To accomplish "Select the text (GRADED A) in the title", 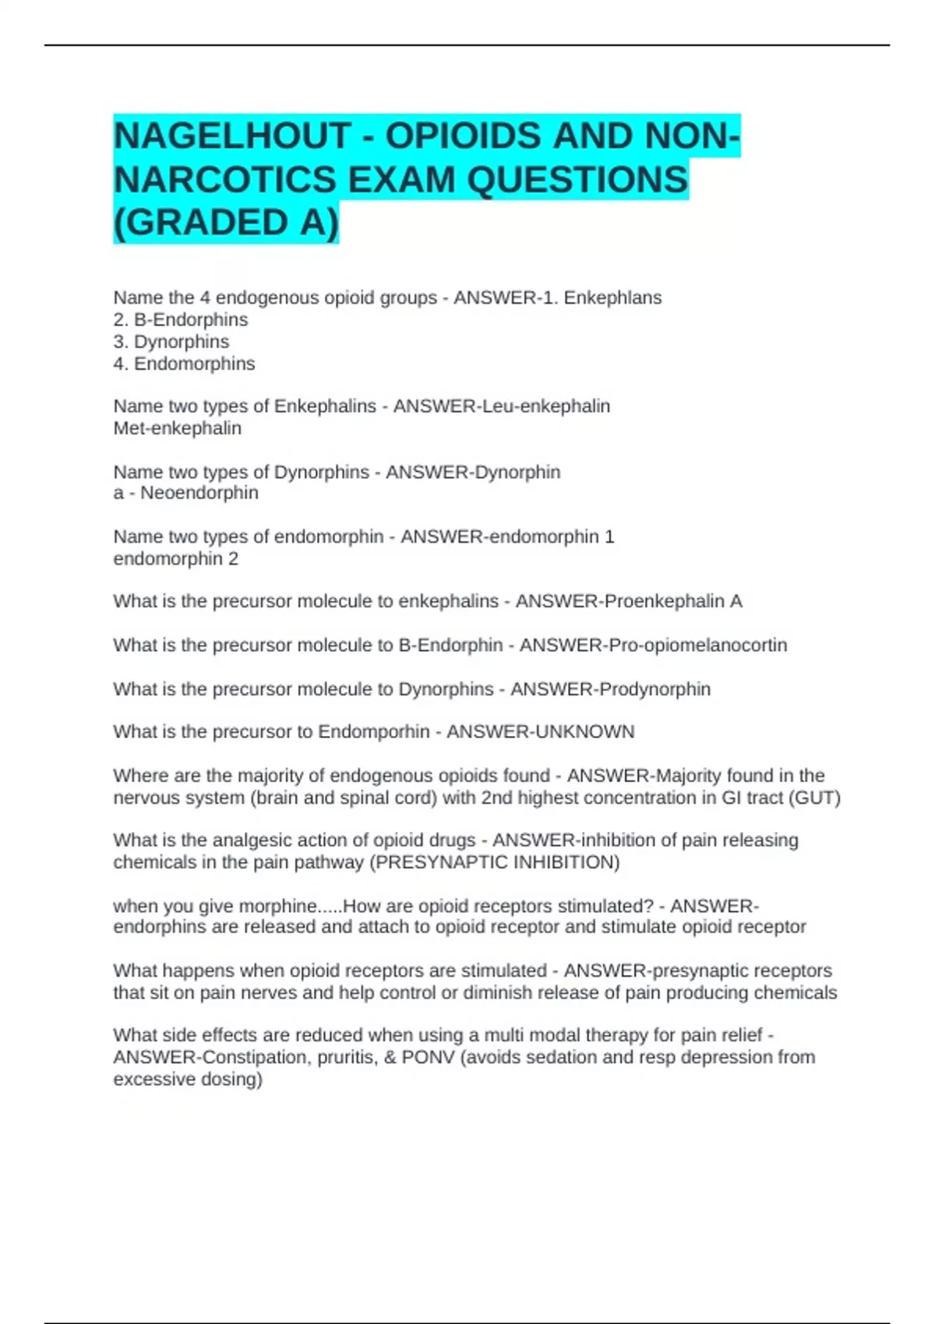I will pos(226,223).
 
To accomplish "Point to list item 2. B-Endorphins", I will pos(181,319).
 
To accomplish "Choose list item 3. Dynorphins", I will pos(171,341).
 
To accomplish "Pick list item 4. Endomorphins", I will pos(184,364).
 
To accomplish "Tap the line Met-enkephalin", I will pos(178,428).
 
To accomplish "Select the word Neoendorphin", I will pos(199,493).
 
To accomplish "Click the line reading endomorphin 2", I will pos(176,558).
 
